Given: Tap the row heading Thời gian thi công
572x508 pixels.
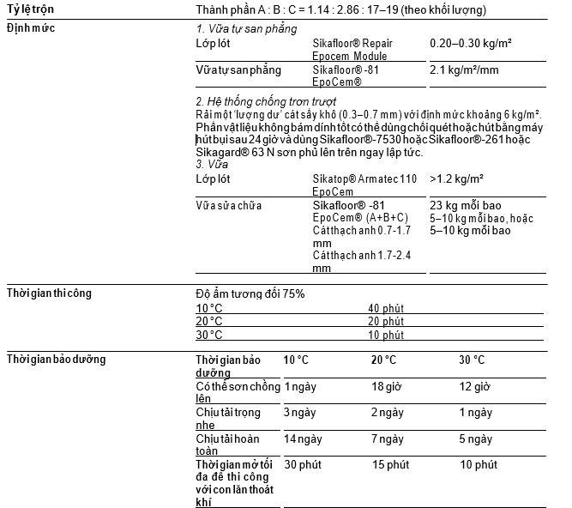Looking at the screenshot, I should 50,293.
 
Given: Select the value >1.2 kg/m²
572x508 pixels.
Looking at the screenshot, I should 457,179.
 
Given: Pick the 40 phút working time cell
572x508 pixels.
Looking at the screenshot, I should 386,308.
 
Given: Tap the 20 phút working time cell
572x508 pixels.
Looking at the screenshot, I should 386,321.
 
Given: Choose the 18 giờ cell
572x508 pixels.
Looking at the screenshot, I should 387,387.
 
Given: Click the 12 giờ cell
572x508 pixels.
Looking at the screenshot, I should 474,387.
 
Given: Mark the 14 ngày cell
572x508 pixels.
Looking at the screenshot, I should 301,438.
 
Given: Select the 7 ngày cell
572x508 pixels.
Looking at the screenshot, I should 387,438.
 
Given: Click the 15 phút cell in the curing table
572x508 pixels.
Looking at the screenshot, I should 390,464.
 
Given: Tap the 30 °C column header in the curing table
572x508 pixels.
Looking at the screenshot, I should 472,360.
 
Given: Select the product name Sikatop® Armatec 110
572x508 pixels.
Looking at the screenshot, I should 364,179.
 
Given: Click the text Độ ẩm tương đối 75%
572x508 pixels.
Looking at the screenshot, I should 250,293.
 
